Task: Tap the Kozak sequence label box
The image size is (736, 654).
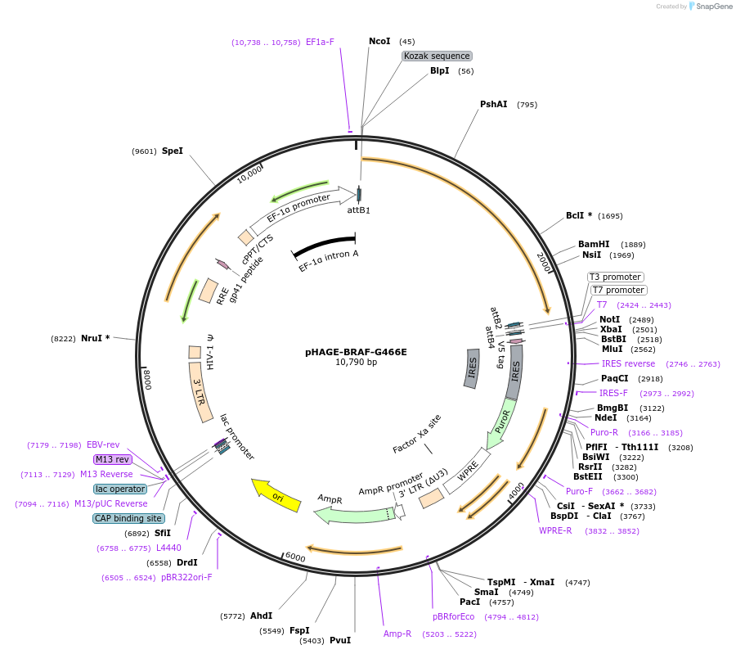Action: click(x=437, y=56)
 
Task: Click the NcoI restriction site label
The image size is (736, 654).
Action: click(x=379, y=41)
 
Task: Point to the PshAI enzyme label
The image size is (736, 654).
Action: click(x=493, y=104)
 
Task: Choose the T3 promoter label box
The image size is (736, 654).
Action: click(x=616, y=277)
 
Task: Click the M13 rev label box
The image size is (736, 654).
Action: click(x=112, y=459)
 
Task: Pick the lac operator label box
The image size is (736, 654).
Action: click(x=120, y=489)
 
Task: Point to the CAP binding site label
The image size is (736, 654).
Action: click(x=128, y=518)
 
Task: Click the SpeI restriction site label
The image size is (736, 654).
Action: click(x=173, y=151)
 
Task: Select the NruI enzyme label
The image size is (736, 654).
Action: click(x=94, y=338)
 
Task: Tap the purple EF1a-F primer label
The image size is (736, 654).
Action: click(x=320, y=42)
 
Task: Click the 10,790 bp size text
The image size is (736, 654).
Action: click(x=356, y=363)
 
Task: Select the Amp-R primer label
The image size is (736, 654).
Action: click(x=397, y=634)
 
